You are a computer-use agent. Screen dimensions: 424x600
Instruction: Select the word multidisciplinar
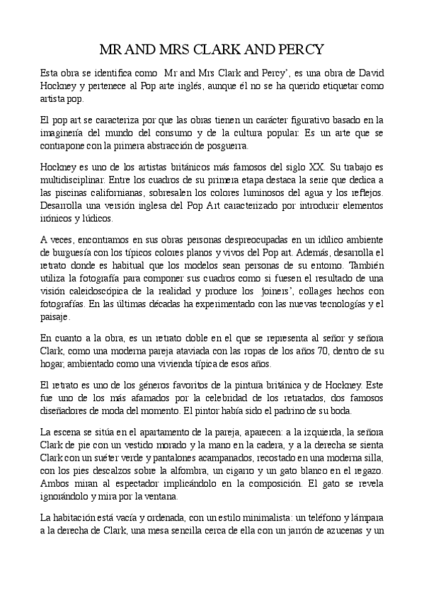[x=76, y=180]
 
